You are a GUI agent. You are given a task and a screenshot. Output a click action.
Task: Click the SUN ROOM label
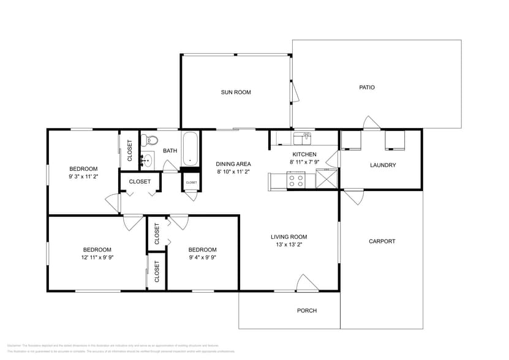(236, 92)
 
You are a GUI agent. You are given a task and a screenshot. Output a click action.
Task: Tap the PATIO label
(366, 88)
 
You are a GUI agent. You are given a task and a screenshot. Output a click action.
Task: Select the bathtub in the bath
(191, 149)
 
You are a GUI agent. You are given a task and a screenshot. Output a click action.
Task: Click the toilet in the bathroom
(149, 141)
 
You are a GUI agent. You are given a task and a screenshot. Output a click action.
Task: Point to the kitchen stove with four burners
(296, 181)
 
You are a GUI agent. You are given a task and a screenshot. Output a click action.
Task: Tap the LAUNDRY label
(383, 165)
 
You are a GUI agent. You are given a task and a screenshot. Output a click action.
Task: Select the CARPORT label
(382, 241)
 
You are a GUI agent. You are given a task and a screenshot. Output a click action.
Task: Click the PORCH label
(307, 310)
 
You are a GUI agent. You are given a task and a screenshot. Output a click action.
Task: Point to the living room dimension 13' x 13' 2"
(289, 245)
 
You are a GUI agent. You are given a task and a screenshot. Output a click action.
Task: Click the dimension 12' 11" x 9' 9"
(97, 258)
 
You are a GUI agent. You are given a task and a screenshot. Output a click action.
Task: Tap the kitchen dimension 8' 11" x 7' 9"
(304, 162)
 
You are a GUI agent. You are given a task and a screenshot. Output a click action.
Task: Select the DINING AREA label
(233, 164)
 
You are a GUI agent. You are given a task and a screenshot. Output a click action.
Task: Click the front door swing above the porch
(305, 283)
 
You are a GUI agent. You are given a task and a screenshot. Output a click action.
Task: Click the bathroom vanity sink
(146, 161)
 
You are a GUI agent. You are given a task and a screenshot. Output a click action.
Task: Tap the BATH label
(170, 151)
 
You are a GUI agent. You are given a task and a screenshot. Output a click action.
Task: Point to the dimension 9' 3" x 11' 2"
(83, 177)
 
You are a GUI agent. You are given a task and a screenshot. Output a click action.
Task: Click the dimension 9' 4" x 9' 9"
(202, 258)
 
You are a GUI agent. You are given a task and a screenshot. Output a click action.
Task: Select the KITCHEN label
(304, 154)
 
